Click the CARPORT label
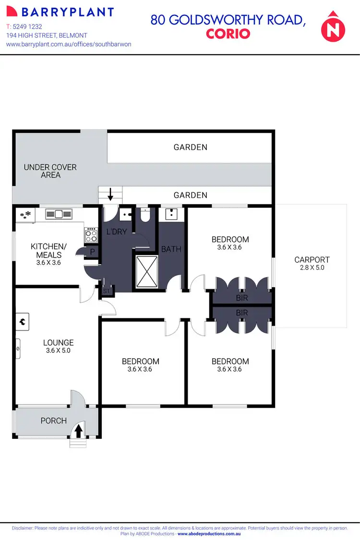312,260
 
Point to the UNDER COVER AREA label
50,171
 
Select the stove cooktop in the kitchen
91,235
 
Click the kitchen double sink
59,214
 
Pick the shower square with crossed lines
146,271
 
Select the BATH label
171,249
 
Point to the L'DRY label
116,232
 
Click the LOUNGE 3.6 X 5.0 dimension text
59,351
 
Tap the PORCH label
54,421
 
